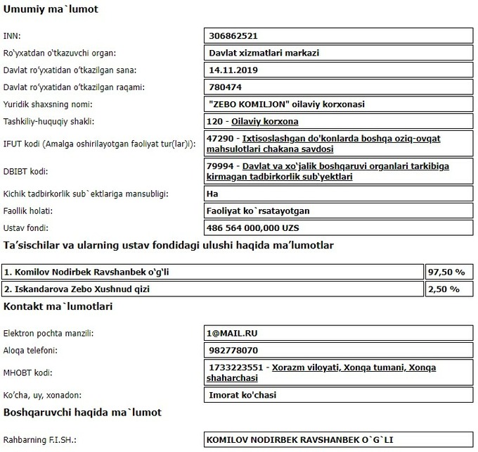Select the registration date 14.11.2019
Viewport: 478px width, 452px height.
[x=234, y=70]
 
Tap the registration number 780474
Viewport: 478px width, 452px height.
[x=226, y=87]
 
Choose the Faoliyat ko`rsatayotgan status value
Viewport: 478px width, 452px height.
[x=259, y=211]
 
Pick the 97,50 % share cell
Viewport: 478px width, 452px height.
[x=446, y=272]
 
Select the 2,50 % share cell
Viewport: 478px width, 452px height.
[x=444, y=289]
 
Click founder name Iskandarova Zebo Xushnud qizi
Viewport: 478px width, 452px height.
[x=82, y=289]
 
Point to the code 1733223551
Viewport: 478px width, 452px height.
[x=236, y=368]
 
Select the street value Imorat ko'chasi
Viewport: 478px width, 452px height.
[x=243, y=395]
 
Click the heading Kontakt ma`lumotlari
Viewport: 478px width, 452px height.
[x=58, y=307]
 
